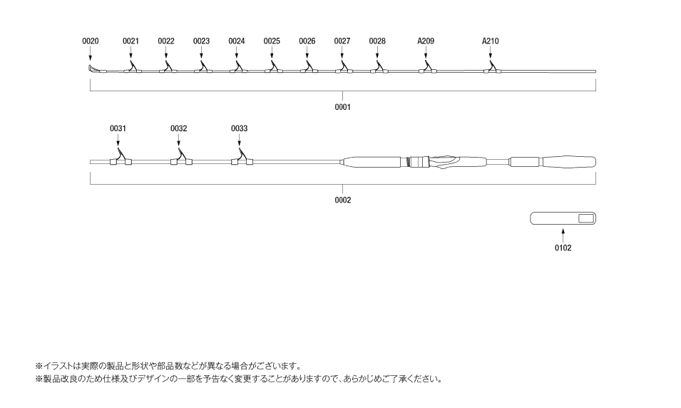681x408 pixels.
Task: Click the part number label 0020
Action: pyautogui.click(x=91, y=41)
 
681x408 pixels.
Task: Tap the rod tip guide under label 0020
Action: pyautogui.click(x=93, y=68)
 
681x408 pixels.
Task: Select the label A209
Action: pyautogui.click(x=426, y=41)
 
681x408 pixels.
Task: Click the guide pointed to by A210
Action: pyautogui.click(x=492, y=68)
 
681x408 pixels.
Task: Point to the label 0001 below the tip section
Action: pyautogui.click(x=342, y=107)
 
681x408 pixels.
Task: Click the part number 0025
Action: pyautogui.click(x=272, y=41)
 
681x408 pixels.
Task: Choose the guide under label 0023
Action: pyautogui.click(x=203, y=67)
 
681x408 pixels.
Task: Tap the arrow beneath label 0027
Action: pyautogui.click(x=342, y=53)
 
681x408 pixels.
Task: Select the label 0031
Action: pyautogui.click(x=118, y=128)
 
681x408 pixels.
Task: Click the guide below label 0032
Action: pyautogui.click(x=181, y=158)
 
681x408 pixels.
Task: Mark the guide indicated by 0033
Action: pyautogui.click(x=242, y=158)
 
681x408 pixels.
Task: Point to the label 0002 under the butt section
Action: pyautogui.click(x=342, y=200)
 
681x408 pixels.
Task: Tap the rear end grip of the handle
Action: pyautogui.click(x=569, y=162)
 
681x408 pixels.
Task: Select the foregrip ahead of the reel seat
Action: pyautogui.click(x=372, y=162)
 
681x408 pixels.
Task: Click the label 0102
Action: pyautogui.click(x=563, y=248)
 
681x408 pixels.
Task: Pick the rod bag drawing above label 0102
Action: pyautogui.click(x=563, y=218)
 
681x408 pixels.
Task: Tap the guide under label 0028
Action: pyautogui.click(x=379, y=67)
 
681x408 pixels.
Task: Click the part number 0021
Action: pyautogui.click(x=130, y=41)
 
